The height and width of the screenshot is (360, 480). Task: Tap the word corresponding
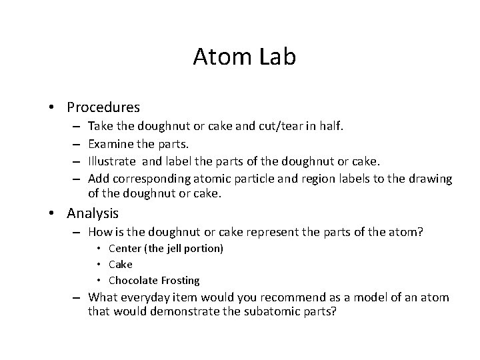(x=147, y=179)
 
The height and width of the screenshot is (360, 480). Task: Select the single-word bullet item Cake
(x=121, y=265)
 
